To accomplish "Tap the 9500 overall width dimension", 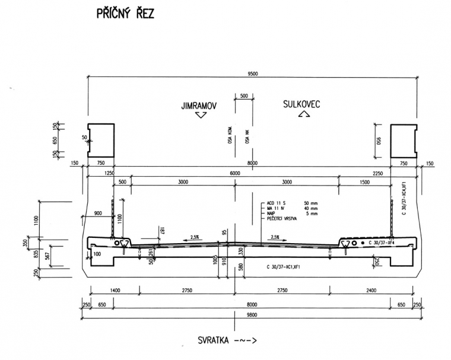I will click(x=253, y=74).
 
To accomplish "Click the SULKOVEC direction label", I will click(x=301, y=104).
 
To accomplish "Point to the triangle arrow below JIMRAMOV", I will click(x=201, y=116).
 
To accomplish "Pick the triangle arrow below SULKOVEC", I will click(x=301, y=115).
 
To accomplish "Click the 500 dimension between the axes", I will click(x=243, y=95).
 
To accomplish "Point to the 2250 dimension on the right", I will click(x=378, y=173).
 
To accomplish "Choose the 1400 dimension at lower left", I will click(x=116, y=291).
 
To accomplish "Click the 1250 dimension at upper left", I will click(x=109, y=173).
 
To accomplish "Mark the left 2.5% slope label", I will click(x=195, y=237).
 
